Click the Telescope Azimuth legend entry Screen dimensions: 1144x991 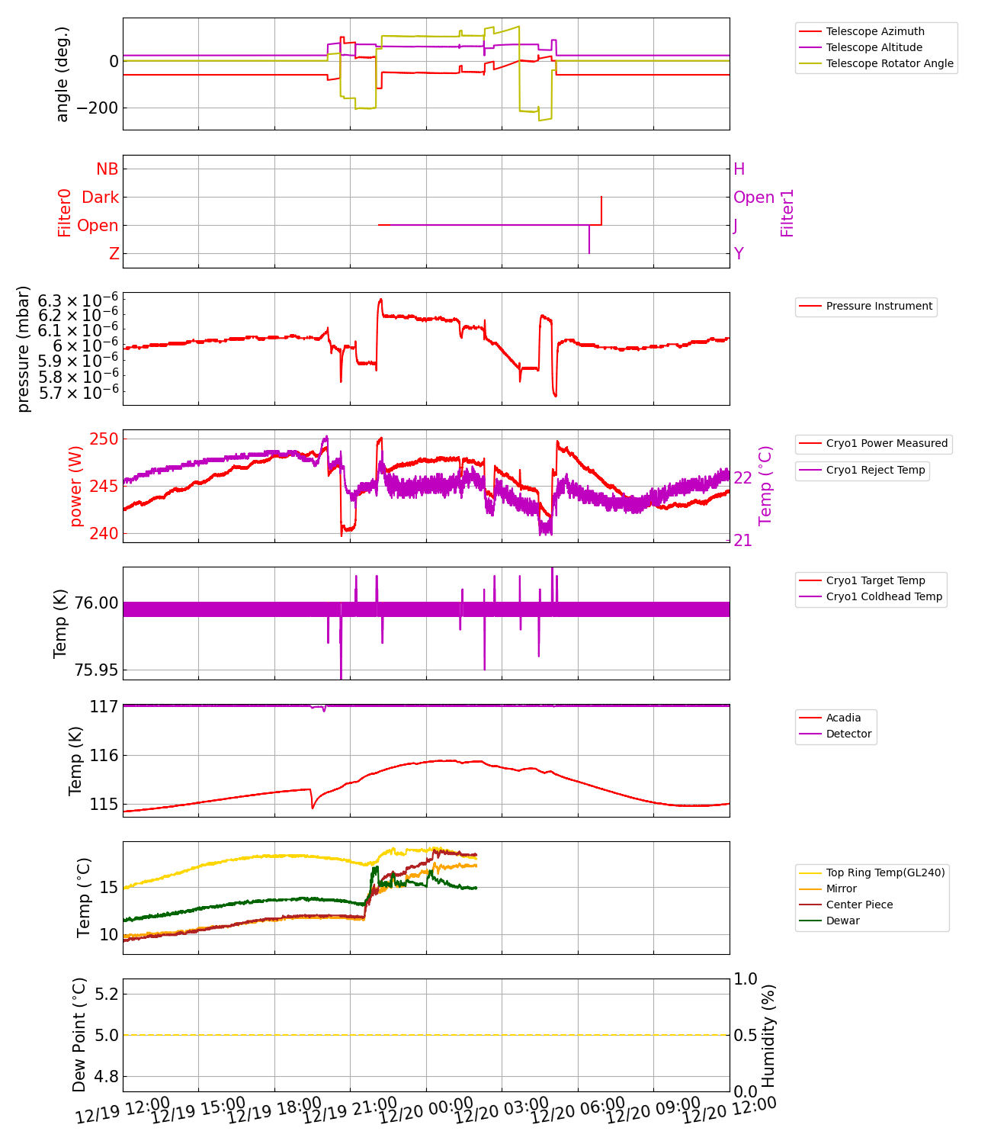tap(874, 31)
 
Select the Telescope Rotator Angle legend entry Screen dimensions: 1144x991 tap(889, 63)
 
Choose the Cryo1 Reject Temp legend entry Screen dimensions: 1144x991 tap(875, 471)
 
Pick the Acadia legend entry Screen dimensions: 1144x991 tap(842, 718)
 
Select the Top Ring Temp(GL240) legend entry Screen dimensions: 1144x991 tap(885, 872)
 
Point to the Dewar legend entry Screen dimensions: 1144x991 tap(842, 921)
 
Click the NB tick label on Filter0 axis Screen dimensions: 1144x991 tap(107, 169)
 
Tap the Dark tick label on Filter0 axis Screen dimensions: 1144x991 tap(101, 198)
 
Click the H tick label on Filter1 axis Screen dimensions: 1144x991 tap(739, 169)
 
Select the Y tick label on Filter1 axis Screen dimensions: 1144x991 tap(739, 254)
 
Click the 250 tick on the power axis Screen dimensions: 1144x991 tap(104, 439)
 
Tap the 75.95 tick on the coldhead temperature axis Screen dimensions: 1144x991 tap(96, 670)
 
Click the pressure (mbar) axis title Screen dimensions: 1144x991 tap(24, 349)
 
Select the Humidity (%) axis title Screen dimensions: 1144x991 tap(768, 1035)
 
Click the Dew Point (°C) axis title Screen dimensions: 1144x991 tap(79, 1035)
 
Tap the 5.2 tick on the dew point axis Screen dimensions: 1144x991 tap(106, 994)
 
